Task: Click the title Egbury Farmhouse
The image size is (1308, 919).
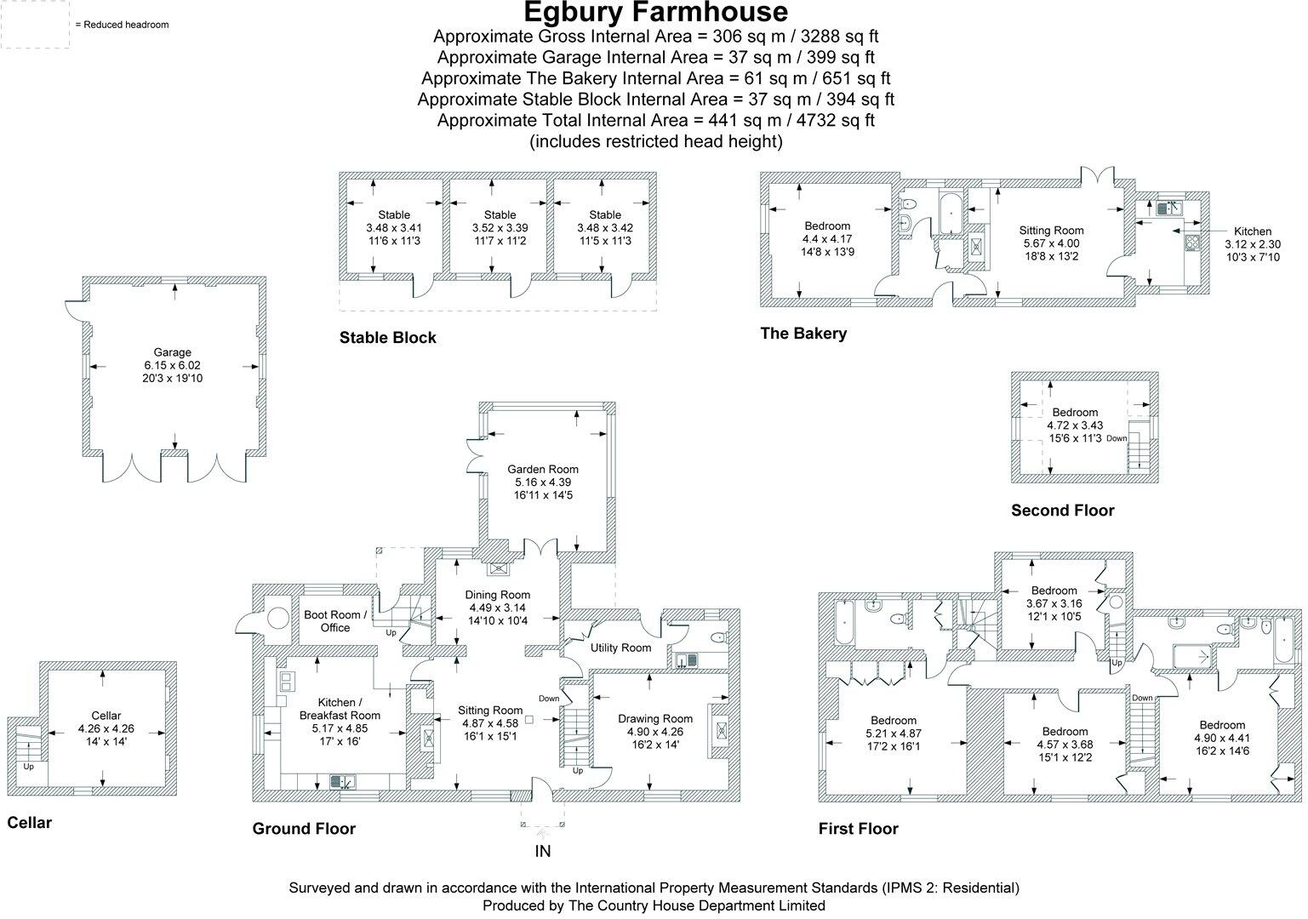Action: (x=654, y=13)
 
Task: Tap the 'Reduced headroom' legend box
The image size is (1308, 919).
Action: (x=35, y=25)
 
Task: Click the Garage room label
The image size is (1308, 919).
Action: (x=173, y=352)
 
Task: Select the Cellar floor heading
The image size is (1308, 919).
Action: (x=29, y=823)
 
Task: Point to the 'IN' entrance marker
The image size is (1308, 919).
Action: (x=543, y=851)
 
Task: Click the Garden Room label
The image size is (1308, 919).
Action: (x=543, y=469)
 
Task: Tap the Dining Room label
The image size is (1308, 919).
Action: (x=498, y=595)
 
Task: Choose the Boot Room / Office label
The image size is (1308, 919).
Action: (x=335, y=621)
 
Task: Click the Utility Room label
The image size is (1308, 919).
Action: (x=620, y=648)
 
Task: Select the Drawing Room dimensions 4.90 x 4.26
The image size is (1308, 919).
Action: (x=654, y=732)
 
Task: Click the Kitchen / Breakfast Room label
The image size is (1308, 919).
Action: (x=340, y=709)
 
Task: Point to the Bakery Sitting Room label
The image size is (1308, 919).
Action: (x=1051, y=230)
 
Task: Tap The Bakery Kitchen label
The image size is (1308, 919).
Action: (x=1252, y=231)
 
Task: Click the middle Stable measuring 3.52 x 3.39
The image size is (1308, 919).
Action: (x=500, y=228)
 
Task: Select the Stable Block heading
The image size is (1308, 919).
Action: (x=387, y=338)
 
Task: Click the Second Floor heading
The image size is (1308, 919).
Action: (x=1062, y=511)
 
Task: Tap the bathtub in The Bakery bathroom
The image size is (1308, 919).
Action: (x=950, y=207)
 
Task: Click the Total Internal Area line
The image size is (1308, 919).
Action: (x=654, y=120)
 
